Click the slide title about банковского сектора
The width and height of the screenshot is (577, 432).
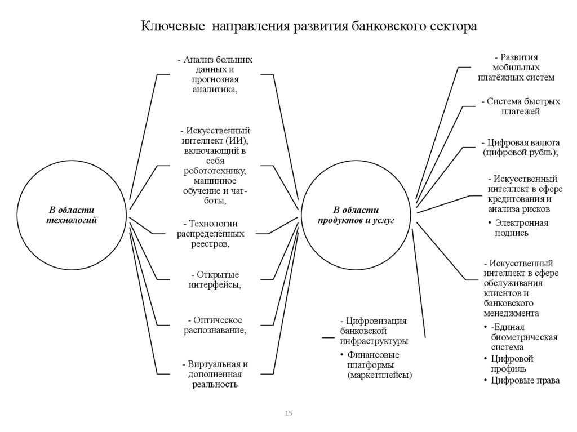tap(308, 26)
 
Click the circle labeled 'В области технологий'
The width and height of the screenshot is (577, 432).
tap(72, 215)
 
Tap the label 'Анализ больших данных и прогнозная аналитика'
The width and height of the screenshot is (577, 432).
tap(215, 74)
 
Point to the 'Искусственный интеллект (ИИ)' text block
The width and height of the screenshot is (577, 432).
tap(215, 166)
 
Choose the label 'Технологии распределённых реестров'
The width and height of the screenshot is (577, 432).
tap(211, 234)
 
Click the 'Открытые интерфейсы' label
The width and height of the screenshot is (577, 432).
tap(215, 279)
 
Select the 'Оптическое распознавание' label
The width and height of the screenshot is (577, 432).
tap(215, 325)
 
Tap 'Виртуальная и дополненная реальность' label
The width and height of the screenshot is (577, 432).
tap(215, 374)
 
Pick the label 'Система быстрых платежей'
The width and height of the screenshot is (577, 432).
tap(521, 106)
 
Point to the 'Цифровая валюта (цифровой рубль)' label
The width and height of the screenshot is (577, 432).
tap(521, 148)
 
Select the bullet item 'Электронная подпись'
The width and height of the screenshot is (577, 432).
tap(521, 228)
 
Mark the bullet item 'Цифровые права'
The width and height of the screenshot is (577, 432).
tap(525, 381)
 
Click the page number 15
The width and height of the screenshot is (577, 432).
tap(288, 413)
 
